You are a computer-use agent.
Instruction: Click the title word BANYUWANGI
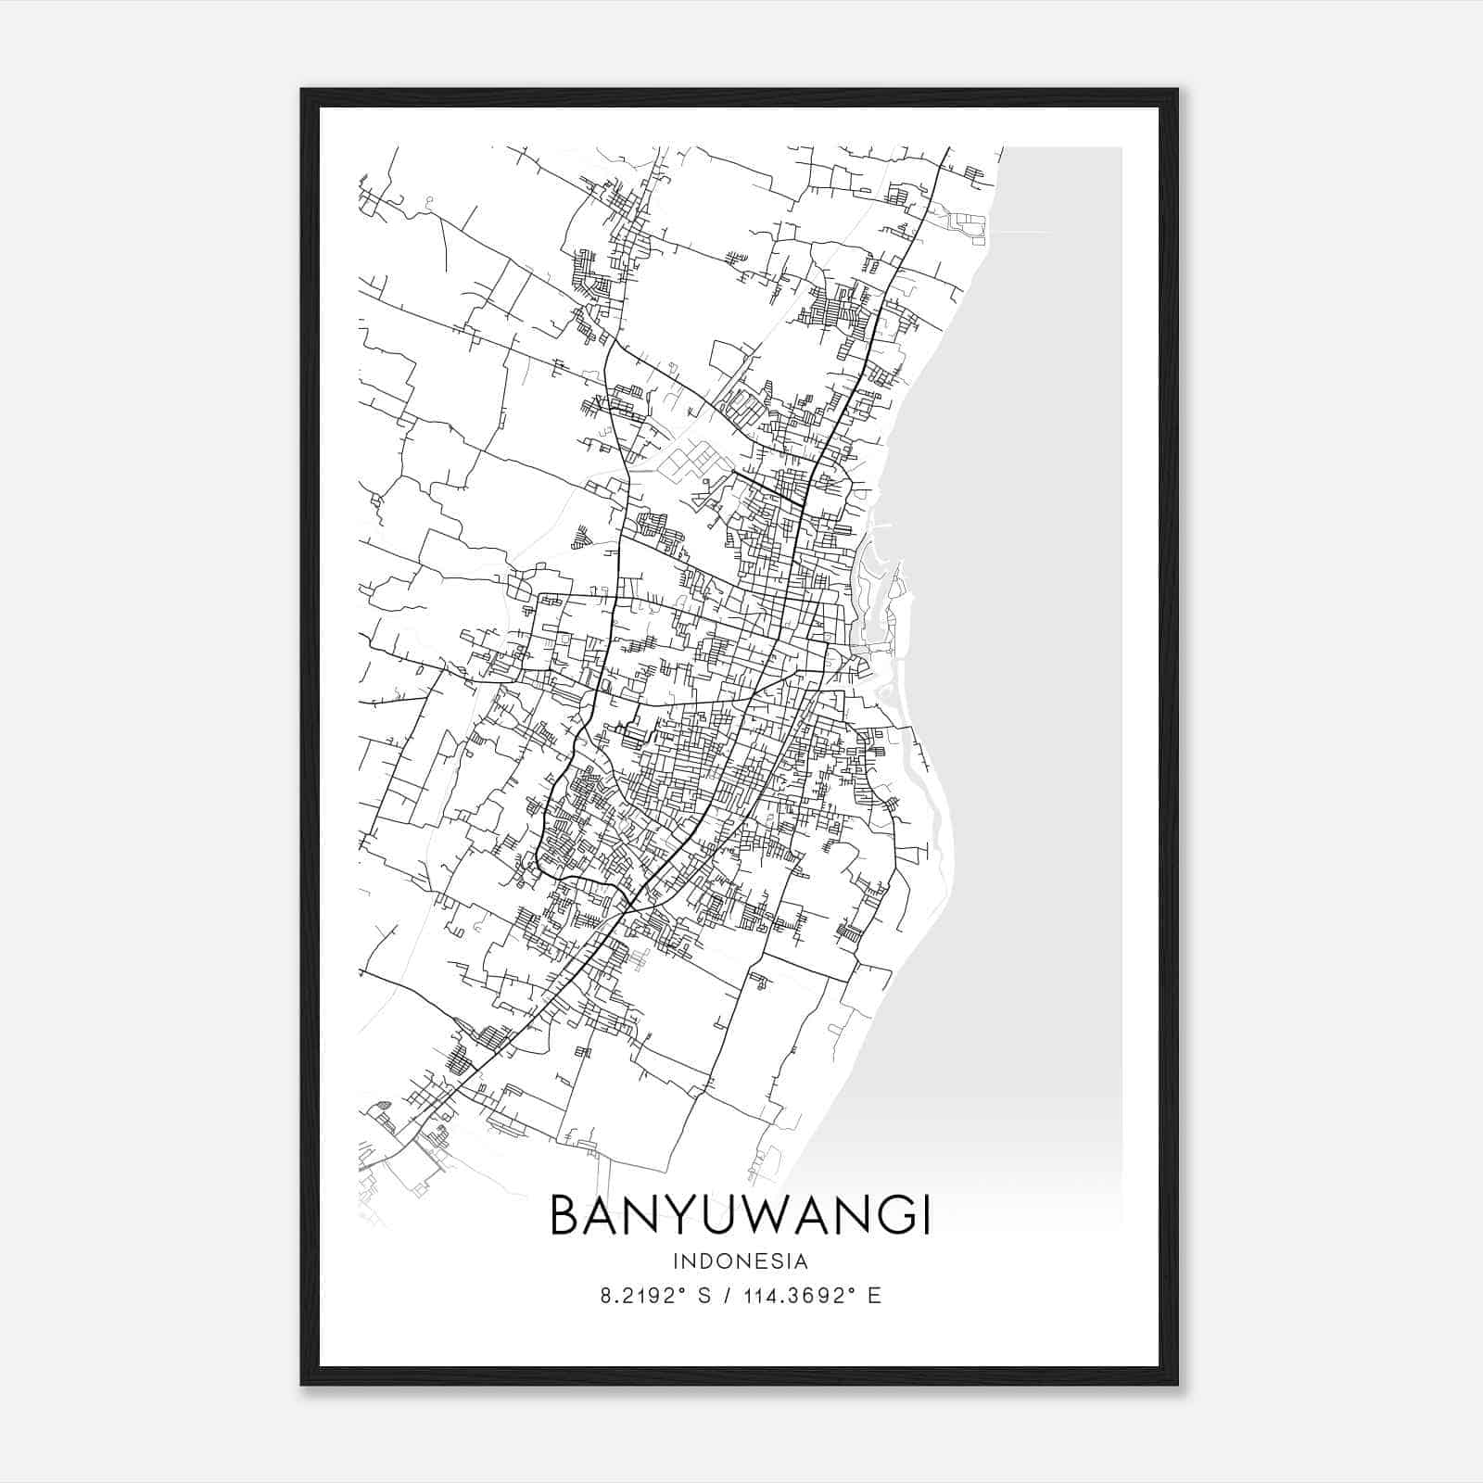point(741,1215)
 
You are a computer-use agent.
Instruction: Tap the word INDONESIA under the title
point(741,1261)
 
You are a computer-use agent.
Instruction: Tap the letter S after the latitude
point(704,1296)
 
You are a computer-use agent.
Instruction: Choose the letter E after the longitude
point(874,1296)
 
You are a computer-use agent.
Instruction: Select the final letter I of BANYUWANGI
point(924,1215)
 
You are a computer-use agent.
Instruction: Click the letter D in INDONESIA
point(707,1261)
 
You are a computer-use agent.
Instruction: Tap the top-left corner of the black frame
point(302,90)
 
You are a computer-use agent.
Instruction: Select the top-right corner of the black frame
point(1177,90)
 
